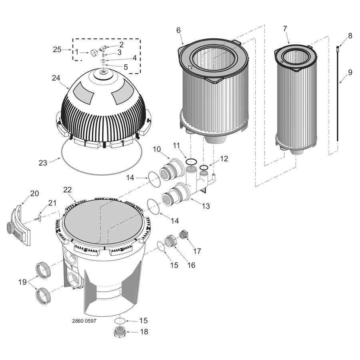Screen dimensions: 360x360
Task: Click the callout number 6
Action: pyautogui.click(x=178, y=30)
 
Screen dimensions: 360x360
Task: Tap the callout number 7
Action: pyautogui.click(x=285, y=29)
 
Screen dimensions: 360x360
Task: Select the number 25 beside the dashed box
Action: pyautogui.click(x=57, y=50)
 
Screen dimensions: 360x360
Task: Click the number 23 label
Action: pyautogui.click(x=43, y=163)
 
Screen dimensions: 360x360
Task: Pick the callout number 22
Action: pyautogui.click(x=68, y=190)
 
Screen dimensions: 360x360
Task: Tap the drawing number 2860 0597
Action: pyautogui.click(x=84, y=321)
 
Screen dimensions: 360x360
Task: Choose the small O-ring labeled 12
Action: pyautogui.click(x=204, y=167)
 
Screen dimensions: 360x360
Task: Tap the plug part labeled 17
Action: pyautogui.click(x=184, y=235)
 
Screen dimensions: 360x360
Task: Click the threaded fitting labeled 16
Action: pyautogui.click(x=170, y=241)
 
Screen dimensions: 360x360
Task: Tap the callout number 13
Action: pyautogui.click(x=206, y=206)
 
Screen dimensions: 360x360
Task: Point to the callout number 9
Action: pyautogui.click(x=350, y=72)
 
